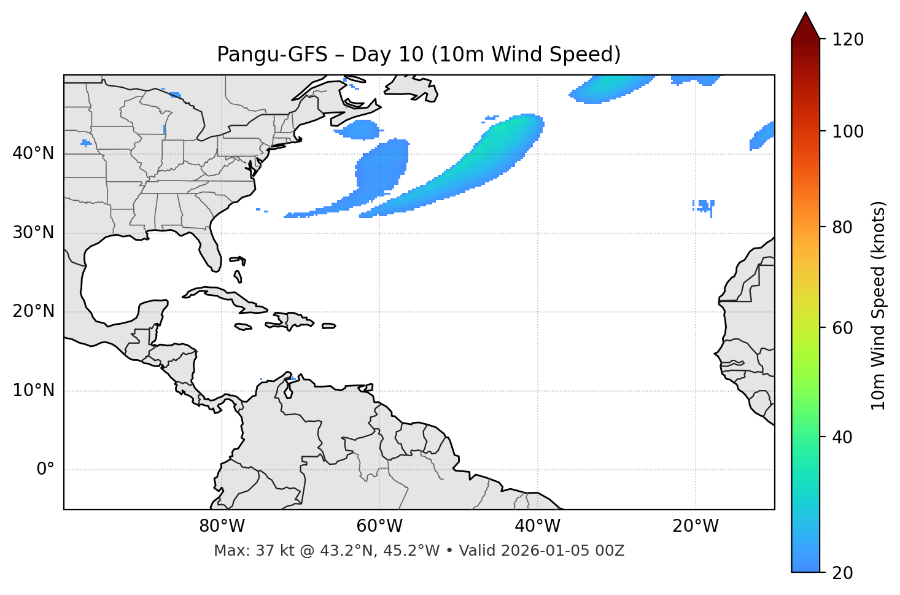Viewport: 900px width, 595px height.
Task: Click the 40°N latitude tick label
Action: point(33,154)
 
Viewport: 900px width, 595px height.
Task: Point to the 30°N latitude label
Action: point(33,233)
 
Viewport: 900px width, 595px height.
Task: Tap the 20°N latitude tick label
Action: point(33,311)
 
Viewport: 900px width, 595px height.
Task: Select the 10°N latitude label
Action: point(33,391)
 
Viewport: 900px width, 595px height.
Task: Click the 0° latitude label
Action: point(45,470)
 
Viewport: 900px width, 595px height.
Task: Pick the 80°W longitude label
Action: point(222,526)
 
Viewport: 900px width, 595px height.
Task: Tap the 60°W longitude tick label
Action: point(379,526)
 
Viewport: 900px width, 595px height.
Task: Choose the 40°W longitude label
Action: point(537,526)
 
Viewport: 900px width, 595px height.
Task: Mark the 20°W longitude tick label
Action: point(695,526)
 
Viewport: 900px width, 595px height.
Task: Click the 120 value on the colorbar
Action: point(848,40)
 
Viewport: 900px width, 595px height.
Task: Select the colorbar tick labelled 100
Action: point(848,131)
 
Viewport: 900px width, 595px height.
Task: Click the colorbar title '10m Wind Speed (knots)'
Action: point(879,305)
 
